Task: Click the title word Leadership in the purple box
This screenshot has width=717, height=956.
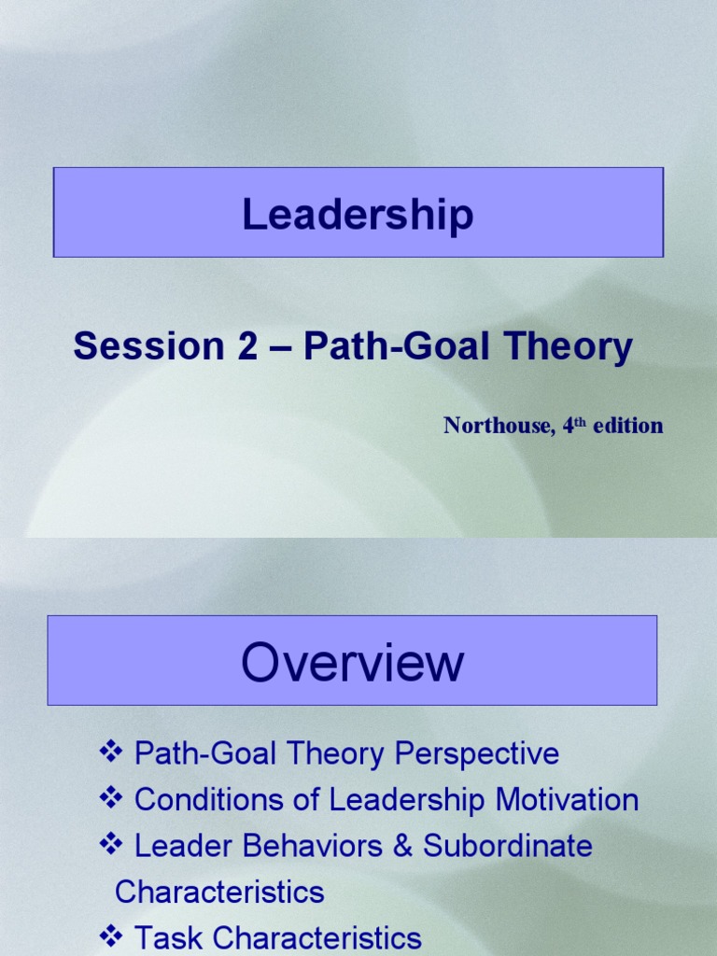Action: coord(358,215)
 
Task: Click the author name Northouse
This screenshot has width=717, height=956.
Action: coord(496,426)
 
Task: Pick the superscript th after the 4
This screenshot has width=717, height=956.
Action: coord(579,422)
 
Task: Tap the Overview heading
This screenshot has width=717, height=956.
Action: coord(352,663)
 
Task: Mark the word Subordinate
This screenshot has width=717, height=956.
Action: coord(508,847)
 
